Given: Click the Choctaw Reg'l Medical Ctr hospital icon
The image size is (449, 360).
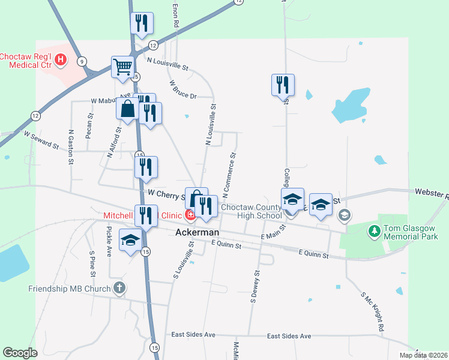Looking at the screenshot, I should pyautogui.click(x=60, y=59).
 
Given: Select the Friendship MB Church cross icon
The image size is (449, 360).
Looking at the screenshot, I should pyautogui.click(x=119, y=288).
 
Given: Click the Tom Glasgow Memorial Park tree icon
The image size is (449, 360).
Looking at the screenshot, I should pyautogui.click(x=375, y=230).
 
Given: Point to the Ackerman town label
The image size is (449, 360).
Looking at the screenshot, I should pyautogui.click(x=197, y=232).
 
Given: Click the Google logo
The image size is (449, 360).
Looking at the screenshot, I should pyautogui.click(x=20, y=353).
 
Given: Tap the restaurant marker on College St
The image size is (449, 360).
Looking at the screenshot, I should pyautogui.click(x=282, y=85).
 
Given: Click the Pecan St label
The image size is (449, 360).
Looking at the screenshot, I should pyautogui.click(x=89, y=126).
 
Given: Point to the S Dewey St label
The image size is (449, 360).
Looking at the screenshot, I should pyautogui.click(x=256, y=285).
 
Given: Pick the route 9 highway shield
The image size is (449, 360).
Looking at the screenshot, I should pyautogui.click(x=82, y=61).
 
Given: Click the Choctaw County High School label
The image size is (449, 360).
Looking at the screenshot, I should pyautogui.click(x=250, y=211).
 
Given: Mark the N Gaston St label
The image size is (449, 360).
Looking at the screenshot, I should pyautogui.click(x=71, y=148).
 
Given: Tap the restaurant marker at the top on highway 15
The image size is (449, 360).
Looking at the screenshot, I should pyautogui.click(x=142, y=23).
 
